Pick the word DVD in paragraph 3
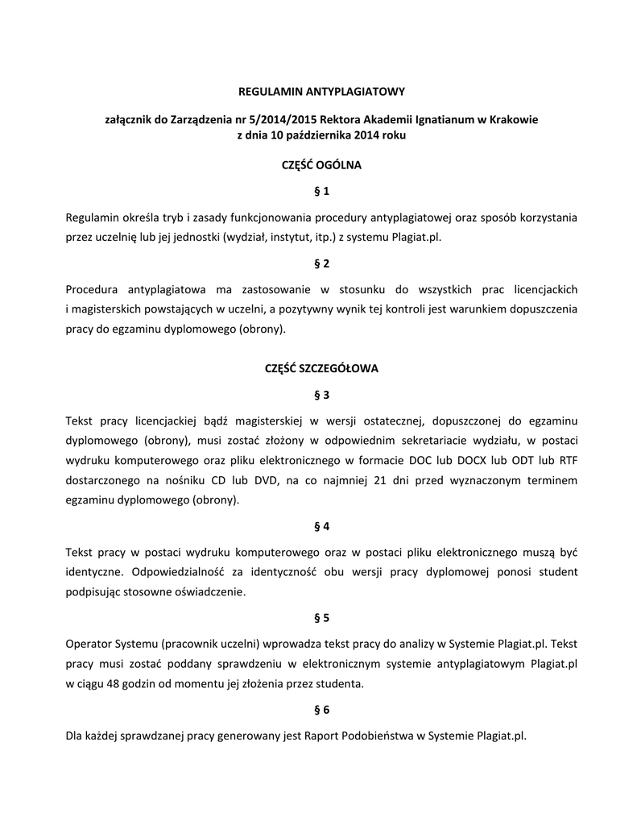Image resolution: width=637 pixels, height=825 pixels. tap(258, 479)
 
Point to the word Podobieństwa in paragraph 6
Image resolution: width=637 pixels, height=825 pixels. tap(382, 736)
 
